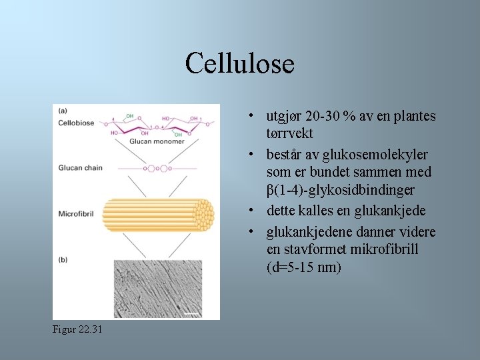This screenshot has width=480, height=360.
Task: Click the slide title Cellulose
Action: (x=240, y=64)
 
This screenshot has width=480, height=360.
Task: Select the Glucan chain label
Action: (x=80, y=167)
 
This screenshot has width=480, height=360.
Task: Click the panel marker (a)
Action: (x=62, y=111)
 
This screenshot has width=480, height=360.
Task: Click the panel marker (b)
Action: (x=62, y=259)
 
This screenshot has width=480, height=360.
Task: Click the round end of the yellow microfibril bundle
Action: (x=203, y=215)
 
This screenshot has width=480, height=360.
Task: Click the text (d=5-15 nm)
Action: (x=303, y=268)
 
